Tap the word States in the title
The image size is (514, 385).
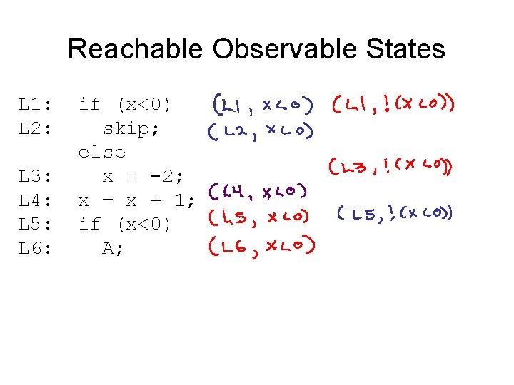click(x=409, y=49)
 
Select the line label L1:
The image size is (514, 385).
click(x=36, y=105)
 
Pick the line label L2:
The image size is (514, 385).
click(x=36, y=129)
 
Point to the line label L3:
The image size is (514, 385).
click(x=36, y=176)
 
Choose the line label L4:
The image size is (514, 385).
click(x=36, y=200)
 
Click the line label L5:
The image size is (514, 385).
click(x=36, y=225)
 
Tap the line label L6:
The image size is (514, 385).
click(x=36, y=248)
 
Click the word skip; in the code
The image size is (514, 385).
click(x=131, y=129)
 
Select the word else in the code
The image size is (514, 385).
click(x=102, y=153)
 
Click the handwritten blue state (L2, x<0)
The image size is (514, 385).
click(x=261, y=130)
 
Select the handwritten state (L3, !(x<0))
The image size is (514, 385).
click(x=391, y=168)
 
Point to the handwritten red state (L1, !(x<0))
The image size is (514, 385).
click(x=393, y=105)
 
